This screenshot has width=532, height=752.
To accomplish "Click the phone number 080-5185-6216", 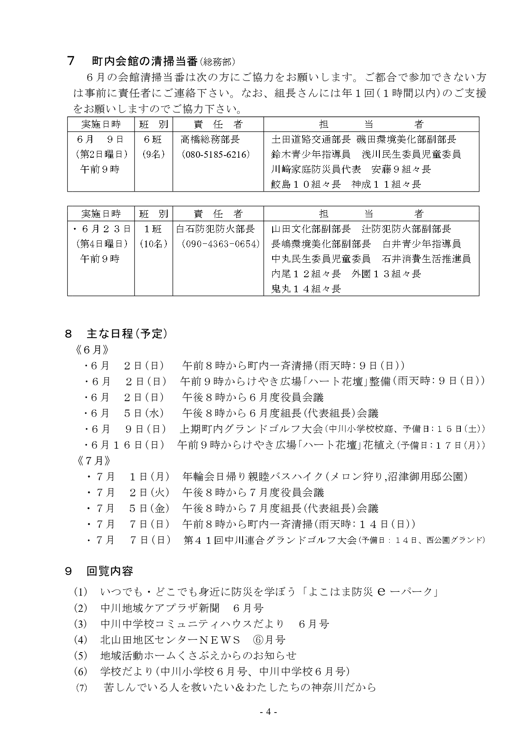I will tap(215, 154).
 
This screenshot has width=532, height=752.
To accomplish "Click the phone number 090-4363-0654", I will tap(220, 244).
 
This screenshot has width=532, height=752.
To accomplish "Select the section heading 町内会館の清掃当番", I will tap(145, 61).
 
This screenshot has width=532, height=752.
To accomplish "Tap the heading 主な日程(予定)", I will tap(126, 333).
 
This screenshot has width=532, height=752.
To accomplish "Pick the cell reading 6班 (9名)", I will tap(153, 147).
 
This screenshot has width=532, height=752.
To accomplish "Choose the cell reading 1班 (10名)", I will tap(153, 236).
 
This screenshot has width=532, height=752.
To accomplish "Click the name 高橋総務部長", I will tap(210, 139).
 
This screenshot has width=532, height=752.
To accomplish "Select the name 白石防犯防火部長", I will tap(216, 229).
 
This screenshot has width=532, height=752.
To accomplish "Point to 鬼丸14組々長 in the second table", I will tap(306, 289).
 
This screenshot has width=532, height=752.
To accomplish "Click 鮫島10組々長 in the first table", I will tap(306, 184).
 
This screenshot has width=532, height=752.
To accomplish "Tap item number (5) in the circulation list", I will tap(80, 656).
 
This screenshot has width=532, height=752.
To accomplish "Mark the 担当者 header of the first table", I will tap(371, 124).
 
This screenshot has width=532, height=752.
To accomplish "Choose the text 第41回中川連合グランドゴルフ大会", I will tap(270, 540).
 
